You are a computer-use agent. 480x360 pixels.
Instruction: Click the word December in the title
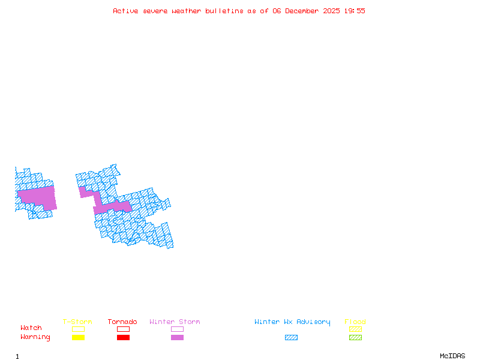point(303,11)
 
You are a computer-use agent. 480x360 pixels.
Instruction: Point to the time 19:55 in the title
point(355,11)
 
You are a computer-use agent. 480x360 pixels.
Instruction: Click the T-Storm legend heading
point(77,322)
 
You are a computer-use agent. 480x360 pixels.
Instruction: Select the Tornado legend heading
point(122,322)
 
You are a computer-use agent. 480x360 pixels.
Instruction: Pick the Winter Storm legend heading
point(175,322)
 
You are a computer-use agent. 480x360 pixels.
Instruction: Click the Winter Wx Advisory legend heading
point(292,322)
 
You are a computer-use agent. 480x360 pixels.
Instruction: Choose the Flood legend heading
point(355,322)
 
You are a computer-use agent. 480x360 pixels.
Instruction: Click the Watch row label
point(31,328)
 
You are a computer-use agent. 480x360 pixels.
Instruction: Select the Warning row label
point(35,337)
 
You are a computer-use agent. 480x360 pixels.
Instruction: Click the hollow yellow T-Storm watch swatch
point(78,329)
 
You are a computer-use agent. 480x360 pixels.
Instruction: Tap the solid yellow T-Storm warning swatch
point(78,337)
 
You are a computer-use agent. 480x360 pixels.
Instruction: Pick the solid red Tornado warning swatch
point(123,337)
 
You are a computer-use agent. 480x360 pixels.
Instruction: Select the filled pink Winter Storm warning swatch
point(177,337)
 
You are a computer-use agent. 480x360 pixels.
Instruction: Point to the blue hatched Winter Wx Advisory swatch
point(291,337)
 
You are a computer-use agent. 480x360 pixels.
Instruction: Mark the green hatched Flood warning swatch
point(355,337)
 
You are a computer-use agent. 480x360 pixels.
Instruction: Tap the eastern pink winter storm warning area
point(111,207)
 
